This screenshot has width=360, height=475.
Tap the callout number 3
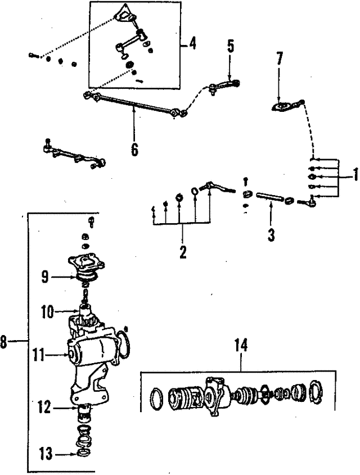coord(271,234)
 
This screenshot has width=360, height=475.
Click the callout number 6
coord(134,150)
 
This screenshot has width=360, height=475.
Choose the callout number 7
coord(280,58)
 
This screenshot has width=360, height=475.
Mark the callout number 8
coord(4,342)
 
